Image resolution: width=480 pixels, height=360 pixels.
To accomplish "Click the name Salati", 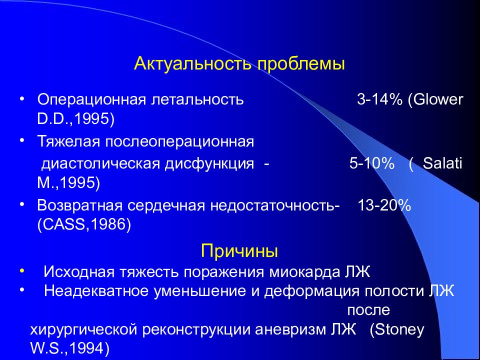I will [x=442, y=164].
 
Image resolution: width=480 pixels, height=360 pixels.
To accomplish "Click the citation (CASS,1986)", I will [x=84, y=225].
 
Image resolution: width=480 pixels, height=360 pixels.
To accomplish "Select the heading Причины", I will [x=239, y=250].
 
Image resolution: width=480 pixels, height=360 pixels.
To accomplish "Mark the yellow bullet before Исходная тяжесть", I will [x=21, y=269].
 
